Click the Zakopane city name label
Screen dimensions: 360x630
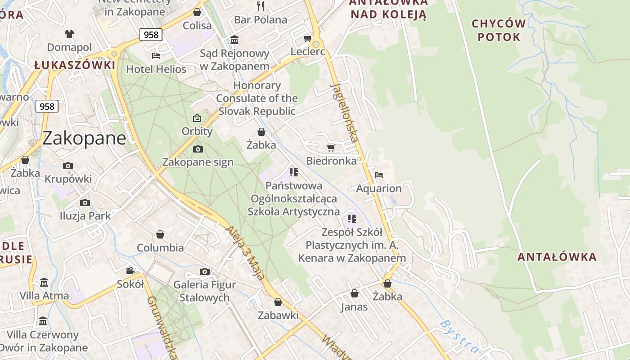[x=84, y=138]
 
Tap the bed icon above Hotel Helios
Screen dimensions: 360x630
[x=156, y=56]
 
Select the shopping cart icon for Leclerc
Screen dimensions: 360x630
[x=308, y=38]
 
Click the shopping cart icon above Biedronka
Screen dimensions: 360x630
[x=331, y=148]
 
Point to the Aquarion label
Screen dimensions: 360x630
[x=379, y=189]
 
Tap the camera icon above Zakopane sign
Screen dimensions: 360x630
[x=198, y=149]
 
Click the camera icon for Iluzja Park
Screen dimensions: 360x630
[x=85, y=202]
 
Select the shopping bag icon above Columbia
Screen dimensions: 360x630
[x=160, y=234]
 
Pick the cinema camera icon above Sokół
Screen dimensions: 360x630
[x=130, y=270]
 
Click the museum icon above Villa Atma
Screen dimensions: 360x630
[x=44, y=283]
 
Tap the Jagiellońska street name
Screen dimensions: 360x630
[x=345, y=112]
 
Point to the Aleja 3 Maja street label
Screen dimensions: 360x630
[x=245, y=252]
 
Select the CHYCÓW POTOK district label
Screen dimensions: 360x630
[x=499, y=30]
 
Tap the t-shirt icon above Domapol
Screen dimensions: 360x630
[x=69, y=34]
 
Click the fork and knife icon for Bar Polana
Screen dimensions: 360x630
[x=261, y=6]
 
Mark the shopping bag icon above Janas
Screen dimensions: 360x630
[x=355, y=293]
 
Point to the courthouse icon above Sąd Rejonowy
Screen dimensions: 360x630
[x=234, y=40]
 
